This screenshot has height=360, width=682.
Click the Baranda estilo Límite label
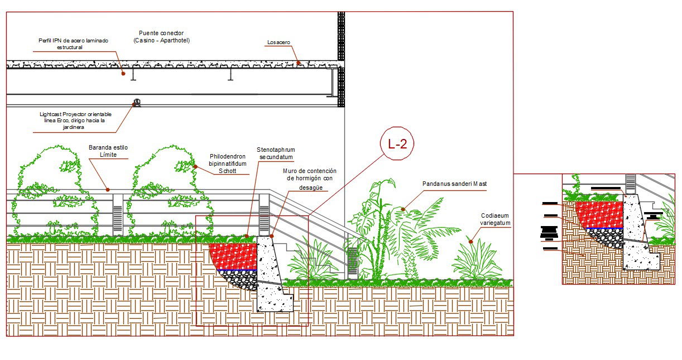pos(108,151)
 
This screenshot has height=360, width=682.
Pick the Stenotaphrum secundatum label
pos(276,153)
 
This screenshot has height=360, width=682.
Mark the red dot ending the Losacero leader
pos(298,63)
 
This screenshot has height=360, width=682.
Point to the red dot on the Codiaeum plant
pos(470,242)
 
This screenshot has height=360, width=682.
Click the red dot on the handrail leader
pos(108,189)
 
